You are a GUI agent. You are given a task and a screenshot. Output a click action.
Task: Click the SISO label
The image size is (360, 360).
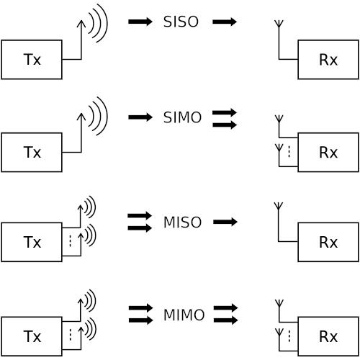pyautogui.click(x=181, y=22)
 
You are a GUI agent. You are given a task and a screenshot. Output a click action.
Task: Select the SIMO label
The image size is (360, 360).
pyautogui.click(x=182, y=117)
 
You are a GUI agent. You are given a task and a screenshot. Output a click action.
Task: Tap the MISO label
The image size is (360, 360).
pyautogui.click(x=182, y=222)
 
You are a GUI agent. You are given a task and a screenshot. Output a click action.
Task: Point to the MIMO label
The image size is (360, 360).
pyautogui.click(x=184, y=315)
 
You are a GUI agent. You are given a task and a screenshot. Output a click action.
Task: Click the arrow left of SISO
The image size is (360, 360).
pyautogui.click(x=140, y=22)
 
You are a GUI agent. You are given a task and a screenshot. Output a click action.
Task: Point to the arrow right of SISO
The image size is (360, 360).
pyautogui.click(x=225, y=22)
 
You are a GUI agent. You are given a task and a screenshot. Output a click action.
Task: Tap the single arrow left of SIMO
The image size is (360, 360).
pyautogui.click(x=140, y=117)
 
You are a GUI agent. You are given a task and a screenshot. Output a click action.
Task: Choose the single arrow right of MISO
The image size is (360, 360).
pyautogui.click(x=225, y=222)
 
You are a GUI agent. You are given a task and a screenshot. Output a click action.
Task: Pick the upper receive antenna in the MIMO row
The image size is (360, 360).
pyautogui.click(x=279, y=312)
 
